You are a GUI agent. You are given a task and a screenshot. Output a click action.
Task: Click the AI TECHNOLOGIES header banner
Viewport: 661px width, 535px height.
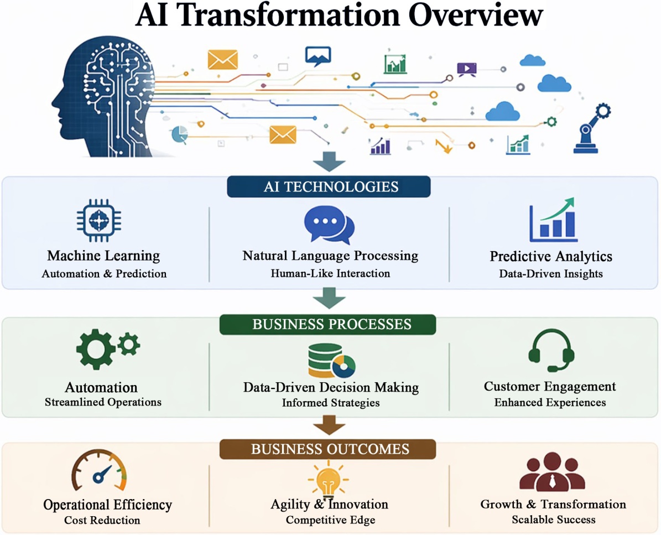tap(329, 187)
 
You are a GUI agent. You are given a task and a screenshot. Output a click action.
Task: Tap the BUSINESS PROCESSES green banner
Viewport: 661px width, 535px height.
tap(328, 324)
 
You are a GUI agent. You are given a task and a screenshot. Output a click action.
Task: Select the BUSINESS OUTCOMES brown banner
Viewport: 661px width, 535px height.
tap(328, 449)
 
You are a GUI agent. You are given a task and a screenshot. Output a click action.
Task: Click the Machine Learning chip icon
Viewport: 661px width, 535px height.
tap(99, 220)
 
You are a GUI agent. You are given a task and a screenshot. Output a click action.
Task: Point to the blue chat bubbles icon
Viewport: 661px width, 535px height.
tap(329, 225)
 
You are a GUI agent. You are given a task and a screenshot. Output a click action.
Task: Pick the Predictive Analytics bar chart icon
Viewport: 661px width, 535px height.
tap(553, 219)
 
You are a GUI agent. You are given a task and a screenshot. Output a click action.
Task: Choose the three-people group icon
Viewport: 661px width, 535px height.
tap(552, 472)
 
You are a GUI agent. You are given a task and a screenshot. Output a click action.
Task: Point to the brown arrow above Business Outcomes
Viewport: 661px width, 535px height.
tap(329, 425)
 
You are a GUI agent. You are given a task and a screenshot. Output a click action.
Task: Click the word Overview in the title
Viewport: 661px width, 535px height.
tap(476, 15)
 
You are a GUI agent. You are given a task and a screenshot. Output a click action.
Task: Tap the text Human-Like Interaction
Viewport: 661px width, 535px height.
tap(331, 273)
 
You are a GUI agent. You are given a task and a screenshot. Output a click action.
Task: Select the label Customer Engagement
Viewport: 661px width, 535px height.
tap(550, 386)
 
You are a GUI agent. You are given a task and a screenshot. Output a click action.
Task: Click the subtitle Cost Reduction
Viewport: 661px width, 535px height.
tap(102, 520)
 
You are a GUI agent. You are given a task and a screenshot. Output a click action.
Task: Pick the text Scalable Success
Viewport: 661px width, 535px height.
tap(554, 520)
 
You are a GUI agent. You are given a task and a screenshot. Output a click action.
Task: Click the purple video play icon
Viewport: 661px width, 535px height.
tap(467, 69)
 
